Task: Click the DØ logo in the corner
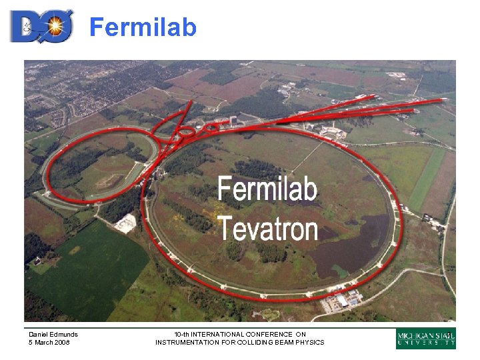click(41, 27)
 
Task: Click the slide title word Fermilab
click(143, 27)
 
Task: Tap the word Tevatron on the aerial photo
click(268, 229)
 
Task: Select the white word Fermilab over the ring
click(267, 189)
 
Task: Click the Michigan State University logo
click(426, 338)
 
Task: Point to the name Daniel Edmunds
click(53, 334)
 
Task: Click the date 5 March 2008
click(49, 343)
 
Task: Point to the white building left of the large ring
click(125, 224)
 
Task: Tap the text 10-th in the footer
click(182, 334)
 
